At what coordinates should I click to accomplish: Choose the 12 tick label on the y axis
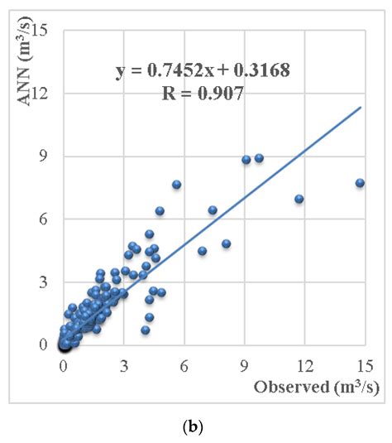[x=45, y=94]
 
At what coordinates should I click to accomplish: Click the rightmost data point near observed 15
[x=360, y=183]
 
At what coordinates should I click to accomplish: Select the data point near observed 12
[x=299, y=199]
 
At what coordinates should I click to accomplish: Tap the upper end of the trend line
[x=361, y=107]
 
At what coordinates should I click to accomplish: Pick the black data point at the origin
[x=64, y=345]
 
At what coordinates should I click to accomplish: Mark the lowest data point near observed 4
[x=146, y=330]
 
